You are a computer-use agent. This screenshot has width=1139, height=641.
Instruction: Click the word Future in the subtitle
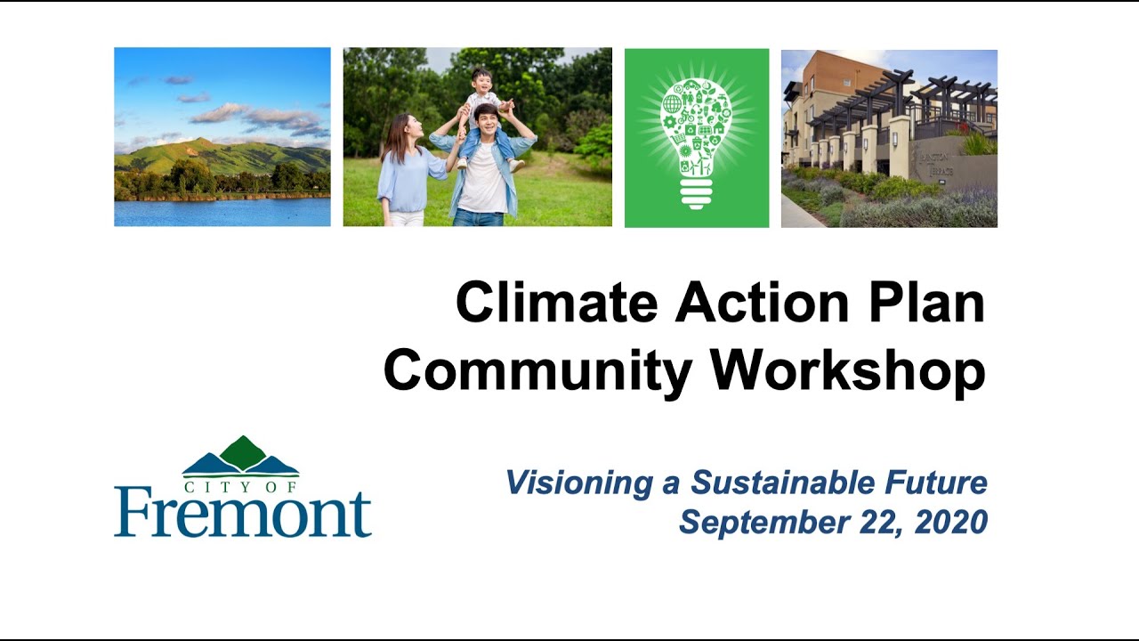coord(935,483)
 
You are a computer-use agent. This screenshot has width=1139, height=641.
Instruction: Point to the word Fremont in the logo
coord(242,513)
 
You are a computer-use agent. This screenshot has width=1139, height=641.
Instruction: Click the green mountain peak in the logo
coord(242,451)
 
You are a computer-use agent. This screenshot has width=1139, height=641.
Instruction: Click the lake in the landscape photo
coord(222,212)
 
